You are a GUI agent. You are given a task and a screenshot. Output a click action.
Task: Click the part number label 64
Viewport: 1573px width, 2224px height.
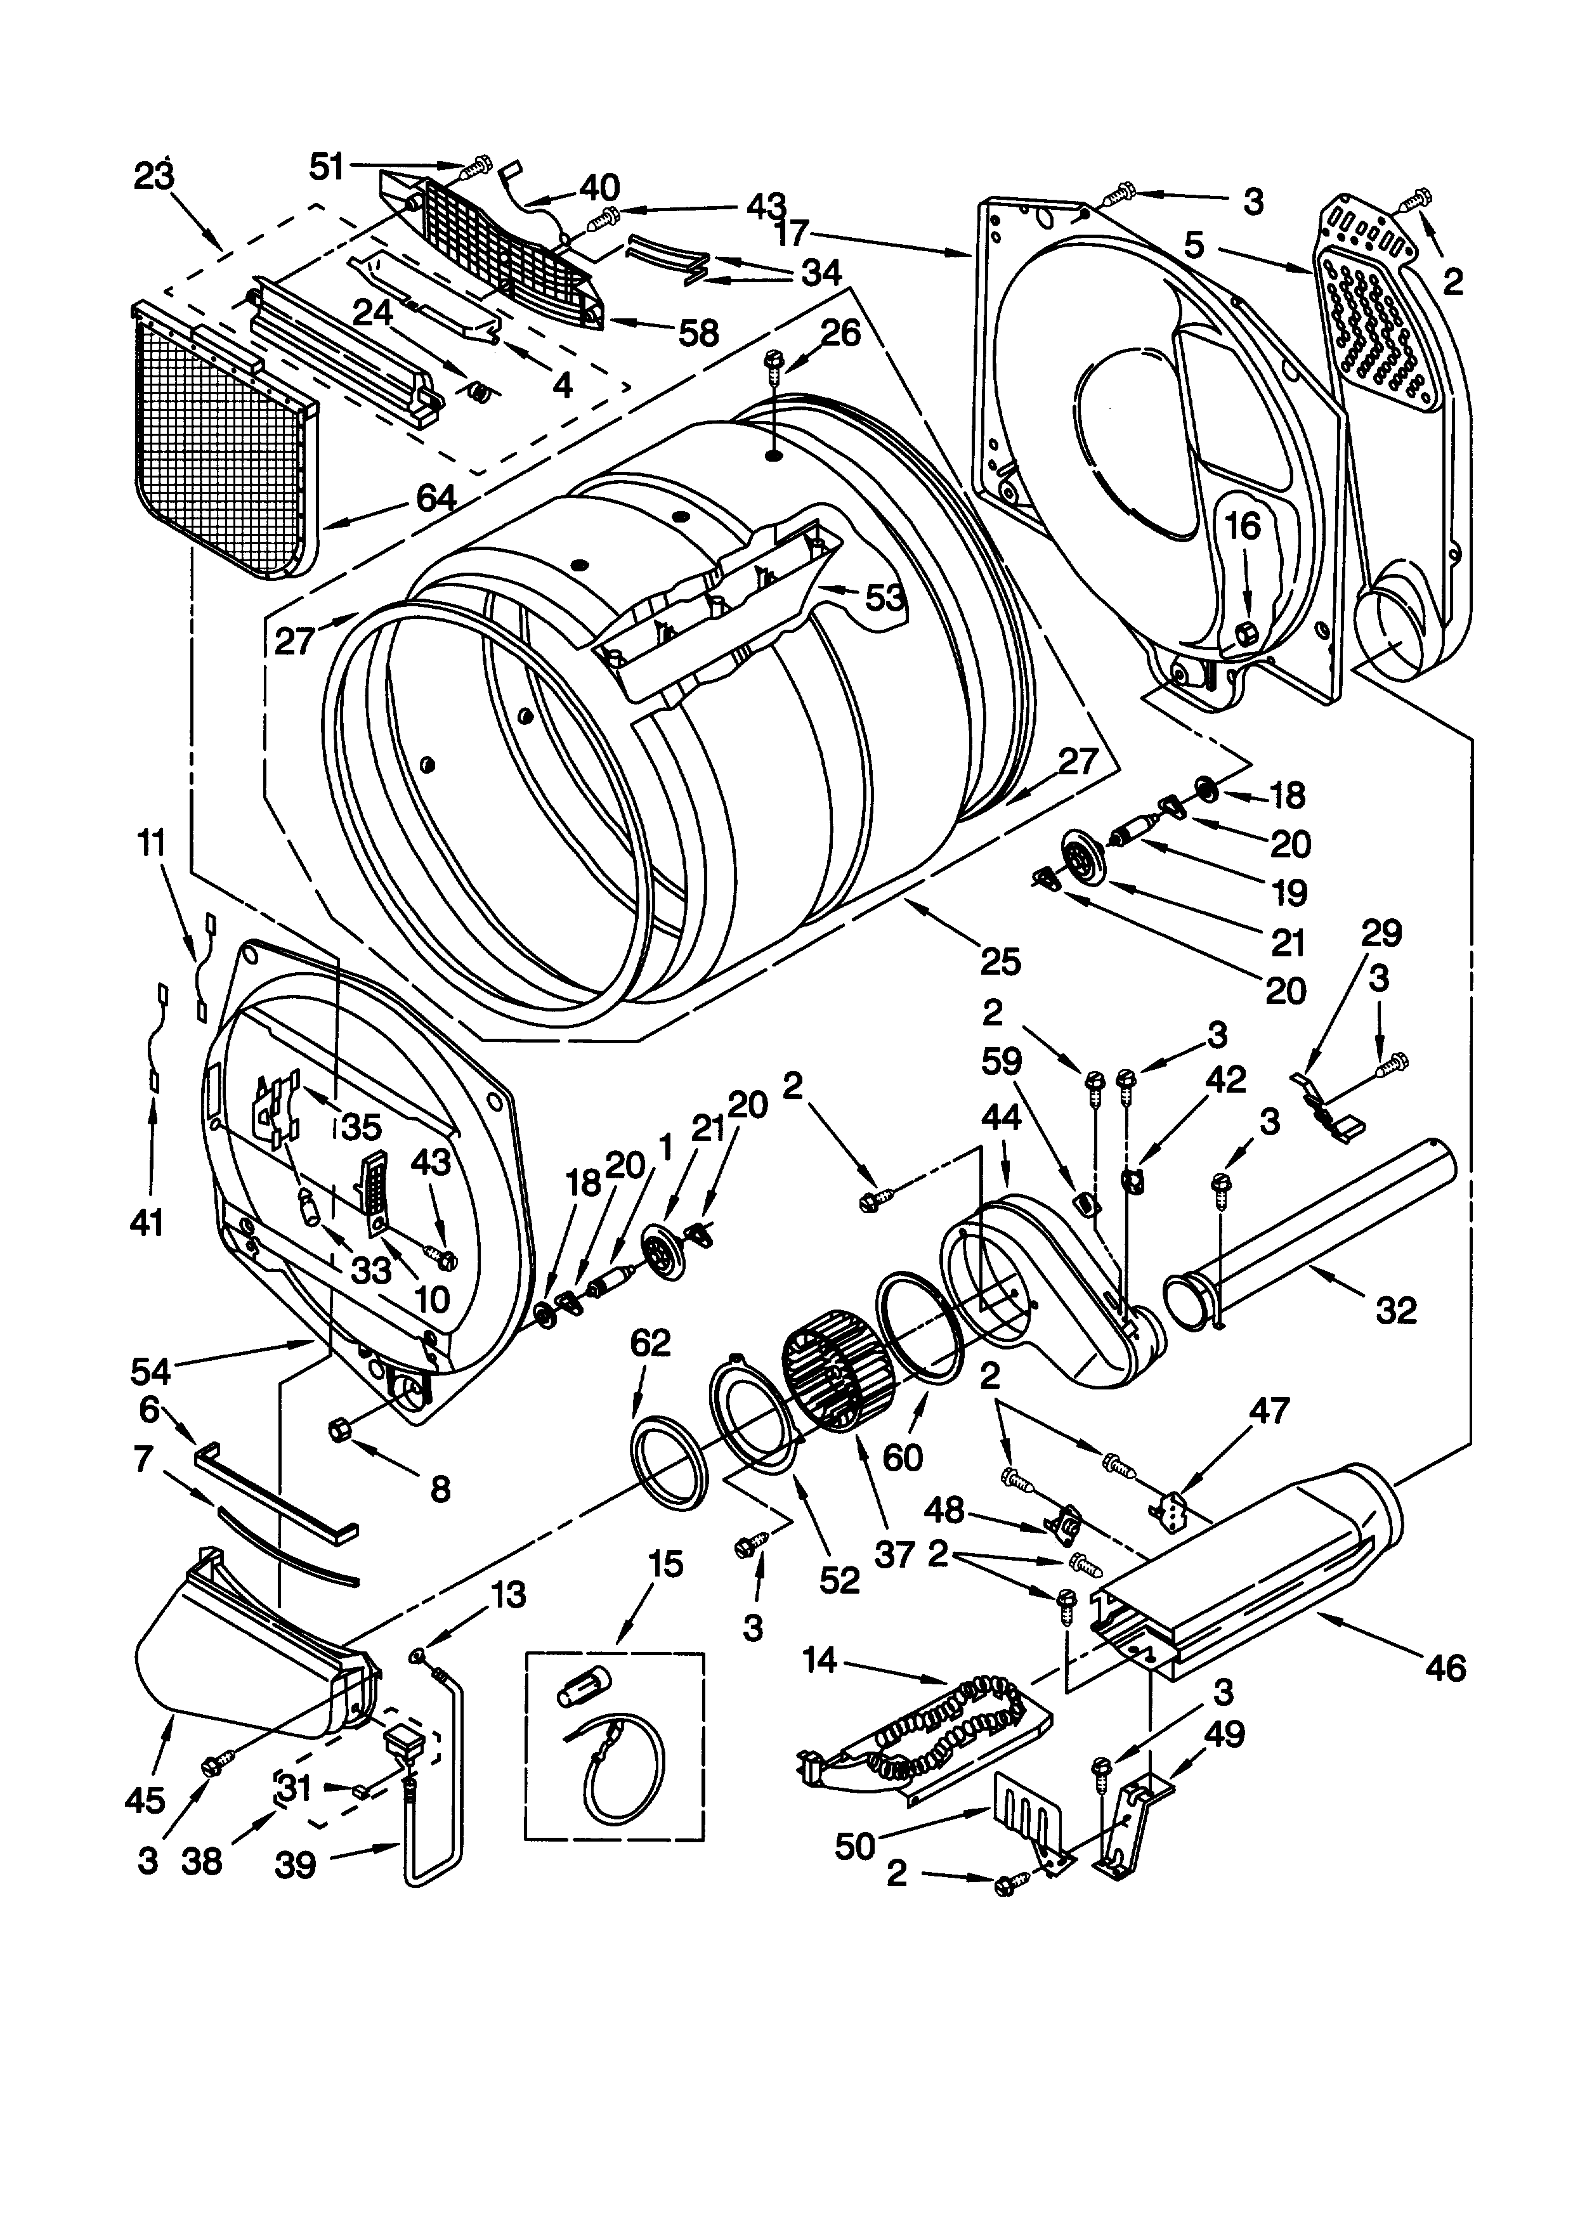(x=436, y=499)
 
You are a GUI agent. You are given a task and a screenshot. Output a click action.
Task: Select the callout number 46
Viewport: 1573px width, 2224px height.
(x=1445, y=1667)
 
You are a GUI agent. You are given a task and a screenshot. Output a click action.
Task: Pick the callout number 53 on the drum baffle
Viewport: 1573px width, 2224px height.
(x=884, y=599)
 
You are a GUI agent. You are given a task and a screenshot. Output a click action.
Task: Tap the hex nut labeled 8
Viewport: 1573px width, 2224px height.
(x=341, y=1427)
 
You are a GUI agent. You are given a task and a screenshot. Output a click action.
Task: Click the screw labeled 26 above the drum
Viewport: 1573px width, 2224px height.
(x=773, y=361)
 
